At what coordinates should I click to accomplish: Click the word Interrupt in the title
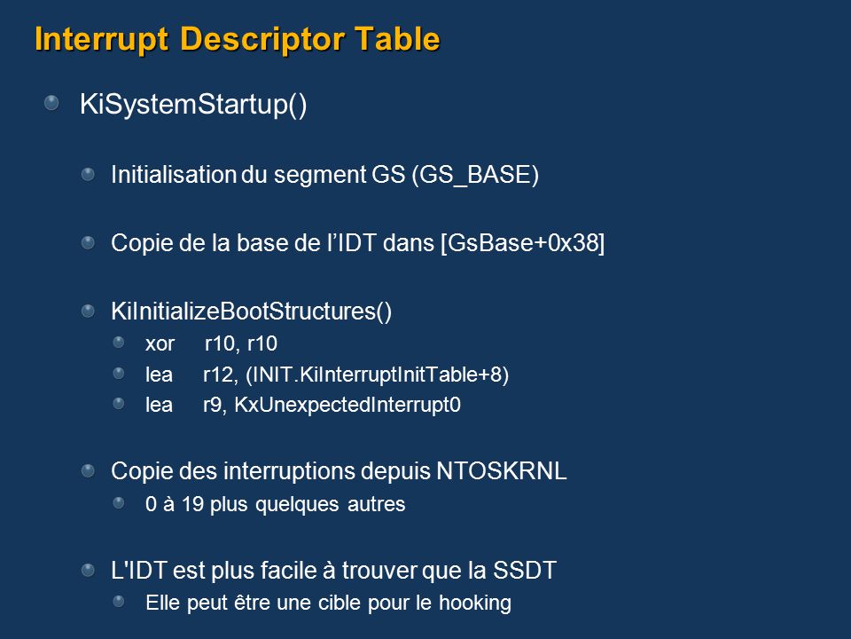[101, 39]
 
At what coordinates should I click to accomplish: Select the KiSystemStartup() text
[193, 105]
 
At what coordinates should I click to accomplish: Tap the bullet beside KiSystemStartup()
[51, 103]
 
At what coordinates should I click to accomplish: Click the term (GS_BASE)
[475, 175]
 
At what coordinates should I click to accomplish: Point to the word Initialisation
[173, 175]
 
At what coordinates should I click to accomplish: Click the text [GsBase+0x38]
[523, 243]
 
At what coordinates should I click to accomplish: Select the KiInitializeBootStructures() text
[251, 312]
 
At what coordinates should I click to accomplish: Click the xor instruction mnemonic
[160, 344]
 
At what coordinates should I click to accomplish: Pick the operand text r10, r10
[241, 344]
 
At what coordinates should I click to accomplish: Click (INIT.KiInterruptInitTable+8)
[378, 375]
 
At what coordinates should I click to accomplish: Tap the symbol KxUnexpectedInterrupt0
[347, 405]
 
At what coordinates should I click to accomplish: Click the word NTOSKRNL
[502, 471]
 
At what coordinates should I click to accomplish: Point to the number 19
[192, 504]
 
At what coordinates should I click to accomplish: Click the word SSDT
[524, 571]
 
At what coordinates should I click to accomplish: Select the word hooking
[475, 603]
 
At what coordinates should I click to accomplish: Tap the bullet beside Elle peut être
[119, 602]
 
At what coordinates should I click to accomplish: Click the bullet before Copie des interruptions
[88, 470]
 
